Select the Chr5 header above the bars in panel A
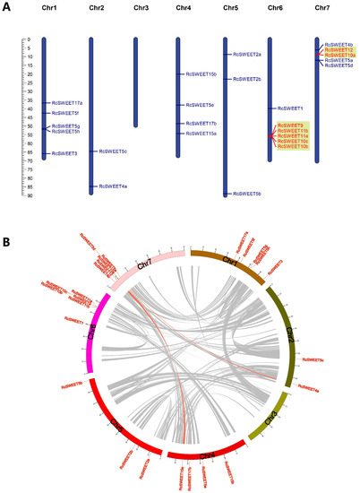point(230,8)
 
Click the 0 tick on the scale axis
point(30,39)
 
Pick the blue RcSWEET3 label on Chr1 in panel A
point(64,153)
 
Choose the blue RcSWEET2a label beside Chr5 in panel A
point(246,55)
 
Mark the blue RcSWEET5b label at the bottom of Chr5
point(246,194)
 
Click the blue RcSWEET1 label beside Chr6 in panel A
point(291,108)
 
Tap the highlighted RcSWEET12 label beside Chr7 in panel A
point(338,49)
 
